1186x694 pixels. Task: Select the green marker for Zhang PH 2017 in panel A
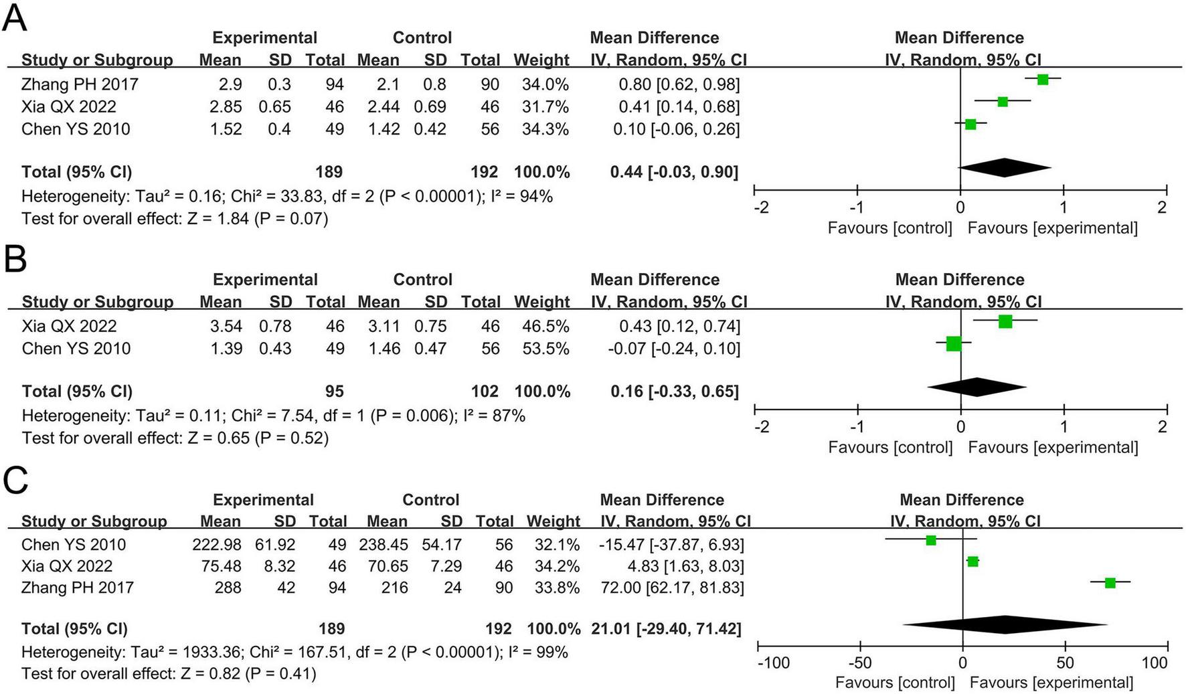(1042, 80)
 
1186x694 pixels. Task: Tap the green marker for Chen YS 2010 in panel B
(954, 344)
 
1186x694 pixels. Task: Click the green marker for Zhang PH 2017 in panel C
(1110, 583)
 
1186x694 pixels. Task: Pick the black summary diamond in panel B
(977, 387)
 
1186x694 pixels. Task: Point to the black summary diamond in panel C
(1005, 624)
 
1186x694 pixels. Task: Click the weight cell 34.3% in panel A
(545, 129)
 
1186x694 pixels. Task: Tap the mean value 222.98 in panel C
(216, 545)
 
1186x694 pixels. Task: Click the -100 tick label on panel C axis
(773, 663)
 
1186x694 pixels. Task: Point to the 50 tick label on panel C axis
(1065, 663)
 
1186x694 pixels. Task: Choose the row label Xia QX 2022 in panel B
(69, 327)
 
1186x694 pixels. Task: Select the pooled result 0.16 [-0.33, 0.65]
(674, 392)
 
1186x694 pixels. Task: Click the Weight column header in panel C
(553, 521)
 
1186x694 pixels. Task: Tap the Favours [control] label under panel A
(889, 228)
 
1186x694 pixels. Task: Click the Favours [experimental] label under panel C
(1051, 683)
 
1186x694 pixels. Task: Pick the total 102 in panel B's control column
(484, 392)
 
